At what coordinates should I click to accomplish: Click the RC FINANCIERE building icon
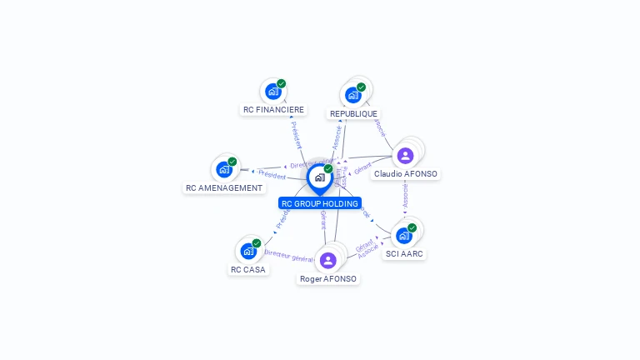[272, 92]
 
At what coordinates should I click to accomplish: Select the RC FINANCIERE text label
[273, 109]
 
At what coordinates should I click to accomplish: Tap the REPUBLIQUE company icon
[352, 95]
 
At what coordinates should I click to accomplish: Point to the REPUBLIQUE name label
[353, 113]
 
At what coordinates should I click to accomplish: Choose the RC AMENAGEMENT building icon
[223, 170]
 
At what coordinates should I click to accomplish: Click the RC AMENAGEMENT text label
[223, 188]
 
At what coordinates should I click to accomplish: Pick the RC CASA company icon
[248, 251]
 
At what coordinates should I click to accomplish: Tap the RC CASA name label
[248, 269]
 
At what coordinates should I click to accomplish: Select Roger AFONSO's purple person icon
[328, 260]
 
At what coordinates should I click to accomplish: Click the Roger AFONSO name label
[328, 278]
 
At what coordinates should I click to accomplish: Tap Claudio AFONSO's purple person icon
[405, 156]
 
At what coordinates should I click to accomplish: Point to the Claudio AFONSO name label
[406, 174]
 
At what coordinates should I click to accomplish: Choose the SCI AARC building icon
[404, 236]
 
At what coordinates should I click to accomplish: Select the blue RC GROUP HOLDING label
[320, 203]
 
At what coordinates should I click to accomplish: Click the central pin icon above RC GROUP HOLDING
[319, 177]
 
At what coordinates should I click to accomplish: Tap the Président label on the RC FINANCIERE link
[295, 134]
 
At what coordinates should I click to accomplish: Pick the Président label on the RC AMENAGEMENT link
[272, 175]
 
